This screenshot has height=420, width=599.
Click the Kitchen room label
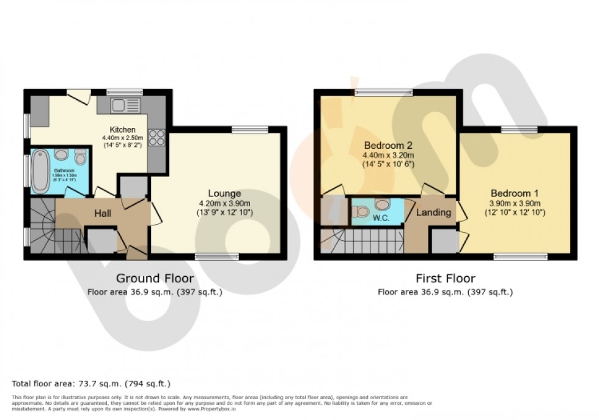tap(122, 130)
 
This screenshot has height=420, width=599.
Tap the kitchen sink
tap(125, 105)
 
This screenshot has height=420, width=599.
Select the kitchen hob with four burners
tap(156, 137)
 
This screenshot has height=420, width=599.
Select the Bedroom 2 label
tap(388, 146)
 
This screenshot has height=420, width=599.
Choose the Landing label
tap(433, 212)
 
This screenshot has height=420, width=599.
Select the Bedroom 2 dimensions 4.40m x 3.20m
tap(389, 156)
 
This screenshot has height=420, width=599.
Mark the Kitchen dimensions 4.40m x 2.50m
tap(122, 139)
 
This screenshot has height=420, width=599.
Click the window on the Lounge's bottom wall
tap(216, 257)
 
